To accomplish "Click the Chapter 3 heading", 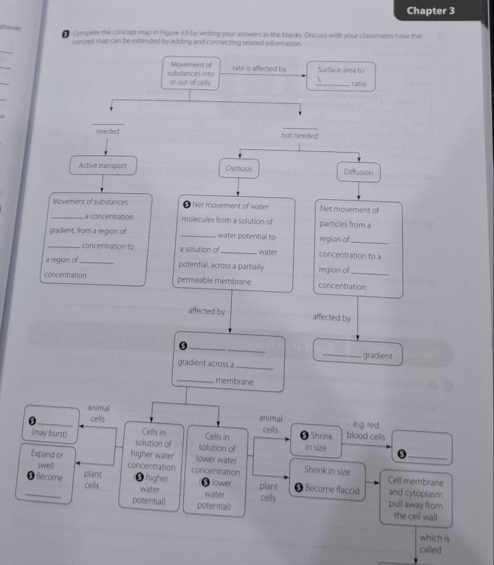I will (430, 11).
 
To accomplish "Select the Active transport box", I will (103, 166).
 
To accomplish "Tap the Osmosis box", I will (239, 169).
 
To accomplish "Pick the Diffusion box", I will (358, 173).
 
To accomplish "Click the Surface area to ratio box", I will (341, 77).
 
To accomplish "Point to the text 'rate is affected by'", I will (259, 69).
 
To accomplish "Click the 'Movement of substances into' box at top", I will (190, 74).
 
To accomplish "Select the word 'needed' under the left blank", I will (108, 132).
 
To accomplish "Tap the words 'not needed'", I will (300, 136).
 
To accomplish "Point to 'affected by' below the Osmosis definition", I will (206, 311).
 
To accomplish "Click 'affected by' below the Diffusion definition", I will (331, 318).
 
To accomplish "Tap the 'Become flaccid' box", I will (326, 490).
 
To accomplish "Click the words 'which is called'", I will (434, 544).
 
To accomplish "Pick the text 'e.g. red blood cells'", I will (366, 430).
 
